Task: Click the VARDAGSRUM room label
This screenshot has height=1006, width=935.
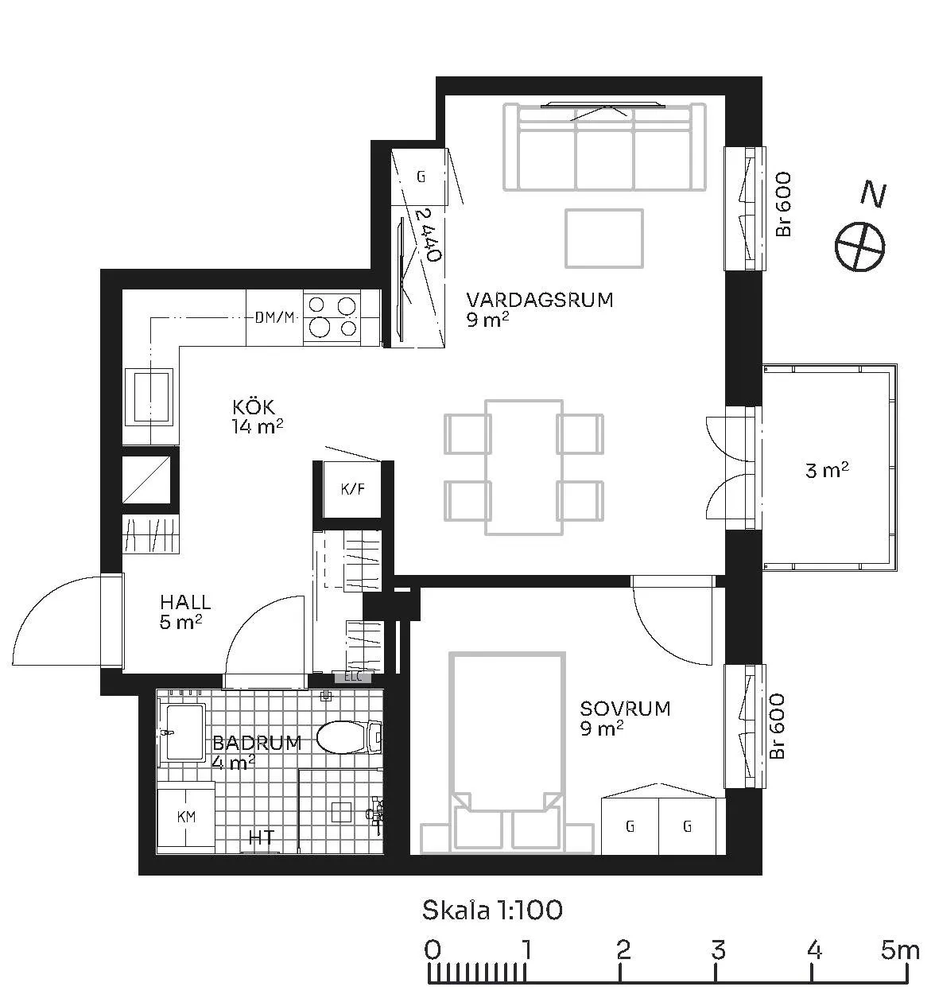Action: point(539,300)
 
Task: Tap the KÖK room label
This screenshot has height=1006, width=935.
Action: point(254,406)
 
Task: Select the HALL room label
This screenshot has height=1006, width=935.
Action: point(185,602)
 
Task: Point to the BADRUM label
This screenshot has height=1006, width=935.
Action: point(257,743)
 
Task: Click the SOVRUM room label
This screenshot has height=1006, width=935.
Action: point(625,708)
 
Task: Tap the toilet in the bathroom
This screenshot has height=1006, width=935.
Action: point(349,737)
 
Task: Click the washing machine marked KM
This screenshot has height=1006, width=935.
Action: point(186,817)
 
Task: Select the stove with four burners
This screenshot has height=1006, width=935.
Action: point(332,317)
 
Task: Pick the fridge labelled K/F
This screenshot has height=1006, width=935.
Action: point(352,489)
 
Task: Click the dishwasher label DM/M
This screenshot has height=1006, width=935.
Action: point(274,317)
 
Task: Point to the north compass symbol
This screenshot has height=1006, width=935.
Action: point(860,247)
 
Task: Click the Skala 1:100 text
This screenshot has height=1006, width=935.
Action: point(492,910)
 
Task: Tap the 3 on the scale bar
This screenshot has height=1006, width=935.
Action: point(718,950)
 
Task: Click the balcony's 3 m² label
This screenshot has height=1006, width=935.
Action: point(827,470)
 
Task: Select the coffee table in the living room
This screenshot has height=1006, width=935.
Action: point(603,239)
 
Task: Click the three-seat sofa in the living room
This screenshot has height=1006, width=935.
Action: point(604,147)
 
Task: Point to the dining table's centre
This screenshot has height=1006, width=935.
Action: point(524,467)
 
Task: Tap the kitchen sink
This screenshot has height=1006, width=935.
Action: point(150,396)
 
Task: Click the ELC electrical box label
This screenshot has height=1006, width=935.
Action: point(353,677)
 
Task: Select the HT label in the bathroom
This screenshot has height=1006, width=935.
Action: point(262,837)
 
